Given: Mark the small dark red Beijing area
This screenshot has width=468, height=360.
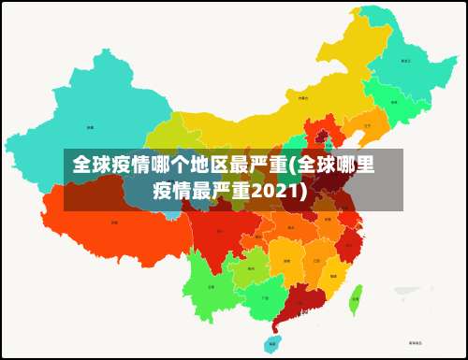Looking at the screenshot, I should pos(323,137).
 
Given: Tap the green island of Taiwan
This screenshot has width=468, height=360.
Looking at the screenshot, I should pos(356,302).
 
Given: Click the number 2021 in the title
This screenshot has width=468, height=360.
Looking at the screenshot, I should pos(282,192).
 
